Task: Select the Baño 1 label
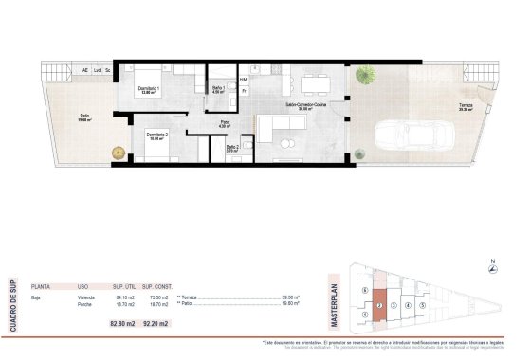point(217,89)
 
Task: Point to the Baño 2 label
point(232,148)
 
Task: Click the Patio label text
point(84,117)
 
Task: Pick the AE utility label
point(84,69)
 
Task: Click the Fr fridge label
point(244,91)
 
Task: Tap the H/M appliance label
point(244,80)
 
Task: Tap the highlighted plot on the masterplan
point(378,305)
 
